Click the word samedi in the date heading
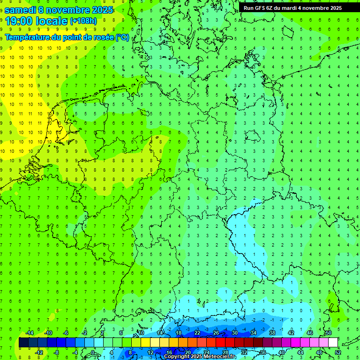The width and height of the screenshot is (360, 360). (20, 9)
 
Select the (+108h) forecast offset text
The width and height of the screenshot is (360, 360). (83, 21)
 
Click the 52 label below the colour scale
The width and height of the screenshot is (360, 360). (337, 352)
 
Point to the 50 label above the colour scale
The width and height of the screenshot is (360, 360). (328, 333)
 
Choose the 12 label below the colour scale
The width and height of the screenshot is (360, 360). (150, 352)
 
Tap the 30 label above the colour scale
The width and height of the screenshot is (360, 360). (234, 333)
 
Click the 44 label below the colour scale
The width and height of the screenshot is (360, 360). (300, 352)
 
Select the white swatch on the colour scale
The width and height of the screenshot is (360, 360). (333, 343)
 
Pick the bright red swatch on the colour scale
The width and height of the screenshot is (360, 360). (220, 343)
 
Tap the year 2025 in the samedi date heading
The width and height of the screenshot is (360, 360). (100, 9)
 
